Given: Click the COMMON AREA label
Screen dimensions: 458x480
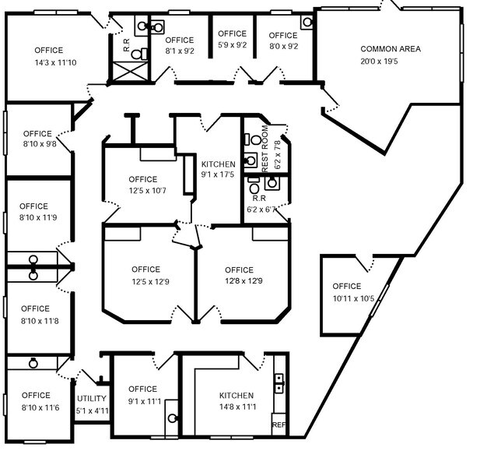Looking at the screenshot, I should pos(390,49).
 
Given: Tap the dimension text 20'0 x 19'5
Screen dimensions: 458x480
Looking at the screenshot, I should pos(390,62).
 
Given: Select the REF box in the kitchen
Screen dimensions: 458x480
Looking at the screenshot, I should pos(278,425).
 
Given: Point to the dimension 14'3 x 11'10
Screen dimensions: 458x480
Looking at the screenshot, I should pos(54,62).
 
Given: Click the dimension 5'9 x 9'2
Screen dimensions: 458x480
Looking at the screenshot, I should pos(232,45).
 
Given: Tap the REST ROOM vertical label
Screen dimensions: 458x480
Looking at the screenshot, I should pos(265,148).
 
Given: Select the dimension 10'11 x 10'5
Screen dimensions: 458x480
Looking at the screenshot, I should pos(353,298).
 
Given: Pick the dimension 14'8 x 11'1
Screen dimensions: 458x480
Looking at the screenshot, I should pos(237,407).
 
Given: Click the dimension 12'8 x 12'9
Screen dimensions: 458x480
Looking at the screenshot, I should pos(239,281).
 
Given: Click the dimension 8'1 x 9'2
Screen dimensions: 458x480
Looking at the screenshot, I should pos(179,51).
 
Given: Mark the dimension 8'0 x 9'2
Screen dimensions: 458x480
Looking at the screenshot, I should pos(283,47).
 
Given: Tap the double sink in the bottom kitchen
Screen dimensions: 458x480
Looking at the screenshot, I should pos(279,382).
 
